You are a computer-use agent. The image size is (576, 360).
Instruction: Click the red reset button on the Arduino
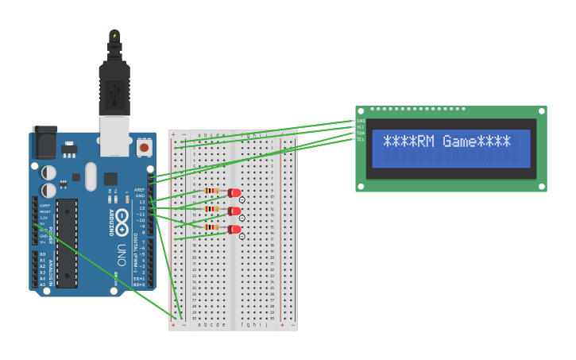pyautogui.click(x=144, y=148)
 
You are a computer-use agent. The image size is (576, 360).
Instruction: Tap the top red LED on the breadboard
pyautogui.click(x=234, y=192)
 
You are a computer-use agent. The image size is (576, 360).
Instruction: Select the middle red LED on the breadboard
pyautogui.click(x=234, y=211)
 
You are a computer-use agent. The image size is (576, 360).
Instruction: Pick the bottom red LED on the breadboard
pyautogui.click(x=234, y=229)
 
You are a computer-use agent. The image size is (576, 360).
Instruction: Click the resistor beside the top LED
pyautogui.click(x=211, y=191)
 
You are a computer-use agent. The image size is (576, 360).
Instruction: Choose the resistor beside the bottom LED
pyautogui.click(x=211, y=227)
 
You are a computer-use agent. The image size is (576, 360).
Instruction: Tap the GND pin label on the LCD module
pyautogui.click(x=360, y=121)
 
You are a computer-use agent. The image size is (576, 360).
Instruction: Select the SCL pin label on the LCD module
pyautogui.click(x=360, y=139)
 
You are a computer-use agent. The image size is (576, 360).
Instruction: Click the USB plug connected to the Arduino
pyautogui.click(x=114, y=87)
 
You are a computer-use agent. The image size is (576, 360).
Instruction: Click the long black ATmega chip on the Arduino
pyautogui.click(x=67, y=242)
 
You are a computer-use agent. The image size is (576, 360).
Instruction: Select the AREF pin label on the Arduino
pyautogui.click(x=140, y=190)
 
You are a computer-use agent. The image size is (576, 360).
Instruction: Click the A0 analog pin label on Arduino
pyautogui.click(x=42, y=254)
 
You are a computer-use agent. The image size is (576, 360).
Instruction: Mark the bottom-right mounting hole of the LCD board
pyautogui.click(x=540, y=187)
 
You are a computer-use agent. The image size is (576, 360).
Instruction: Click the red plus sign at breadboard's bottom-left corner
pyautogui.click(x=173, y=325)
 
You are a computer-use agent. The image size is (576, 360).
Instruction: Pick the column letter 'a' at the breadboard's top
pyautogui.click(x=199, y=135)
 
